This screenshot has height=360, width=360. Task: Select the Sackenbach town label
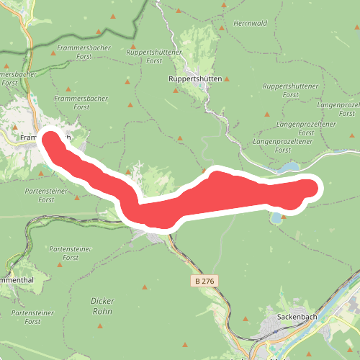click(297, 315)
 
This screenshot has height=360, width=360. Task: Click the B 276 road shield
click(204, 279)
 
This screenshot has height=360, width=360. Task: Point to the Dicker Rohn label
click(103, 306)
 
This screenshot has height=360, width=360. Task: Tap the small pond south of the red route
click(276, 217)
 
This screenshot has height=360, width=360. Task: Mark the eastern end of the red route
click(310, 189)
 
